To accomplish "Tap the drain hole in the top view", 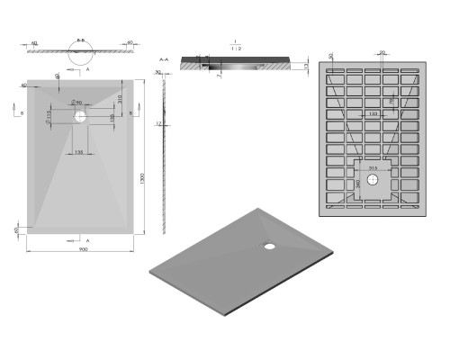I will (80, 116).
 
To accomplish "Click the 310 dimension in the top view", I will (118, 98).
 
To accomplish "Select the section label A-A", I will (164, 58).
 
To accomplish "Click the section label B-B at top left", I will (80, 40).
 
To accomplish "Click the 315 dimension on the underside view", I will (371, 166).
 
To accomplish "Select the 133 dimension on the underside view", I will (371, 115).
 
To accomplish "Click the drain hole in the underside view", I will (372, 177).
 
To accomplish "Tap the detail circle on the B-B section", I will (80, 52).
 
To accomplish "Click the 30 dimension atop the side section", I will (159, 74).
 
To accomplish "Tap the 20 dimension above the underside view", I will (382, 52).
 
